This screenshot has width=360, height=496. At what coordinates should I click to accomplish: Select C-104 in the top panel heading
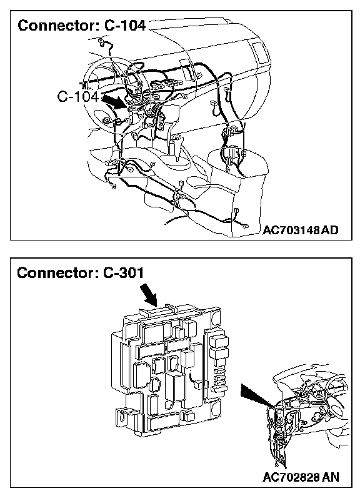[125, 26]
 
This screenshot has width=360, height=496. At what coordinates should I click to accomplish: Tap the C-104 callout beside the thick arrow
[78, 96]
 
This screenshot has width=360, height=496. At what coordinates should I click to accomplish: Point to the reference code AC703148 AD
[300, 230]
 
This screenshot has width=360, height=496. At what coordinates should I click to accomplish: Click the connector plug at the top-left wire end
[102, 41]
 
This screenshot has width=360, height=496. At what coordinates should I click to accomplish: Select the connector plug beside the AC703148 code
[245, 226]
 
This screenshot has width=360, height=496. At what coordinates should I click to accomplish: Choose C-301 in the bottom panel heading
[124, 272]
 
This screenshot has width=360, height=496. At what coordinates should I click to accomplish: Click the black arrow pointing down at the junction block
[149, 294]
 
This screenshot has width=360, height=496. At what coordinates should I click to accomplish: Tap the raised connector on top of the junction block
[157, 310]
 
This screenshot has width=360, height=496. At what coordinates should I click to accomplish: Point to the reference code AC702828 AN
[301, 477]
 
